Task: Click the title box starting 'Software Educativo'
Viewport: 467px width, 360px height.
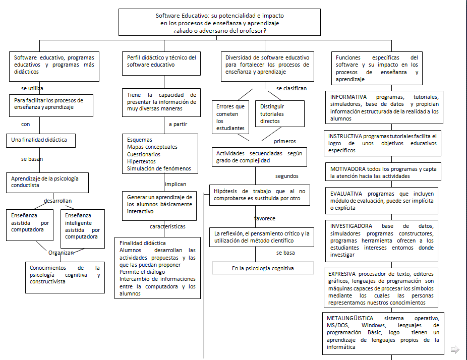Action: coord(219,23)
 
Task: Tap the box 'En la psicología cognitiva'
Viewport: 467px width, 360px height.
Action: coord(262,268)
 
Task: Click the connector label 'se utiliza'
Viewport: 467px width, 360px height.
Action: coord(32,88)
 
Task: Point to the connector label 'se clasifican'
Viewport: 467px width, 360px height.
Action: coord(291,88)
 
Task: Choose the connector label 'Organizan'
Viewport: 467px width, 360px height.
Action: coord(61,253)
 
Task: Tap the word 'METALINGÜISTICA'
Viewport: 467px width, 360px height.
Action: coord(350,319)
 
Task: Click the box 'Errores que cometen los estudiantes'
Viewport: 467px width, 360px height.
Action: coord(230,117)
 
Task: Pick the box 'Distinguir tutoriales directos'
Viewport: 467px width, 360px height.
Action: coord(280,114)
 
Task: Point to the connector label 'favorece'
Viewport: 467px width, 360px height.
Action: coord(264,218)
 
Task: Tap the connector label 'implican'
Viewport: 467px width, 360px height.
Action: coord(175,184)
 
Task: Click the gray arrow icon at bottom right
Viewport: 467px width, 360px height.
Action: coord(454,349)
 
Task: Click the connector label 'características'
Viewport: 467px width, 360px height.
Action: coord(167,227)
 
